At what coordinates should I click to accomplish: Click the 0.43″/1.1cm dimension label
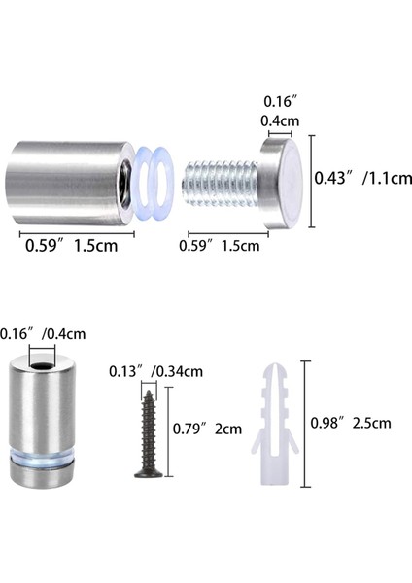[x=363, y=178]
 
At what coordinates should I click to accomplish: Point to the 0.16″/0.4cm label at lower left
[x=44, y=333]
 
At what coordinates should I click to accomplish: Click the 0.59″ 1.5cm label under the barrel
[x=71, y=245]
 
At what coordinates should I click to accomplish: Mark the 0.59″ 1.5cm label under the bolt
[x=219, y=245]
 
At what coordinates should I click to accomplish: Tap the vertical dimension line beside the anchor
[x=306, y=424]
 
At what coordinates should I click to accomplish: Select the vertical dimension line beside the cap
[x=312, y=180]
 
